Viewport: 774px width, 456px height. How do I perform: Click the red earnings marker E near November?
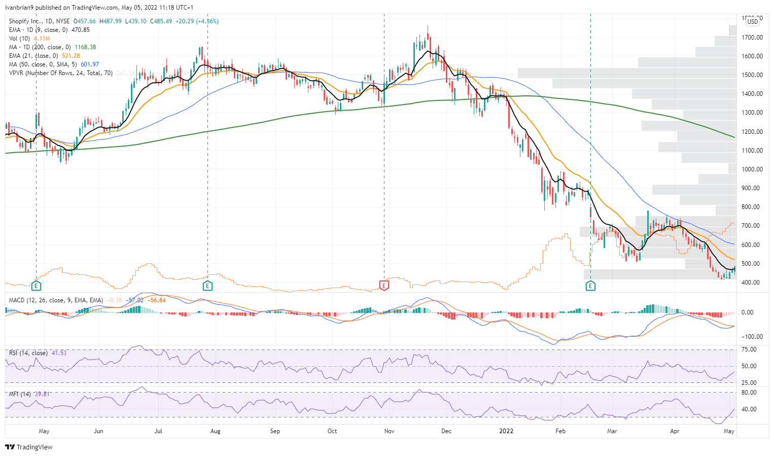[384, 286]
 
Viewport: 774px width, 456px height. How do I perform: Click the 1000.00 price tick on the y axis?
[752, 169]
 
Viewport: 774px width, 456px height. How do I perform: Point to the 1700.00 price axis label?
[752, 38]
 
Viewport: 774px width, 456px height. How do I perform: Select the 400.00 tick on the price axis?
[752, 283]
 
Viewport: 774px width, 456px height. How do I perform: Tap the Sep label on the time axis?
[275, 431]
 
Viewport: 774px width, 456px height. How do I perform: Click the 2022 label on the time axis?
[506, 431]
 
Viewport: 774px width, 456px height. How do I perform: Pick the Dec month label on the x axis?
[446, 431]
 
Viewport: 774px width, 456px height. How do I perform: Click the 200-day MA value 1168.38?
[85, 47]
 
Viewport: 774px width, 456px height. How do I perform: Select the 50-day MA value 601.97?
[90, 64]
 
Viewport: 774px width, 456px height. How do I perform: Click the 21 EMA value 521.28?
[71, 56]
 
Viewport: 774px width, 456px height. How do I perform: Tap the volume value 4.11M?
[42, 39]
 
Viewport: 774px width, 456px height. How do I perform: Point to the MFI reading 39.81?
[43, 394]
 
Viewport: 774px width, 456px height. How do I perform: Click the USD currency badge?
[753, 21]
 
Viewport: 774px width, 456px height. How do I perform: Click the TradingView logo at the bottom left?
[29, 447]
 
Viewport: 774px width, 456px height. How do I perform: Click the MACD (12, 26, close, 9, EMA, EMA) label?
[56, 300]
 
